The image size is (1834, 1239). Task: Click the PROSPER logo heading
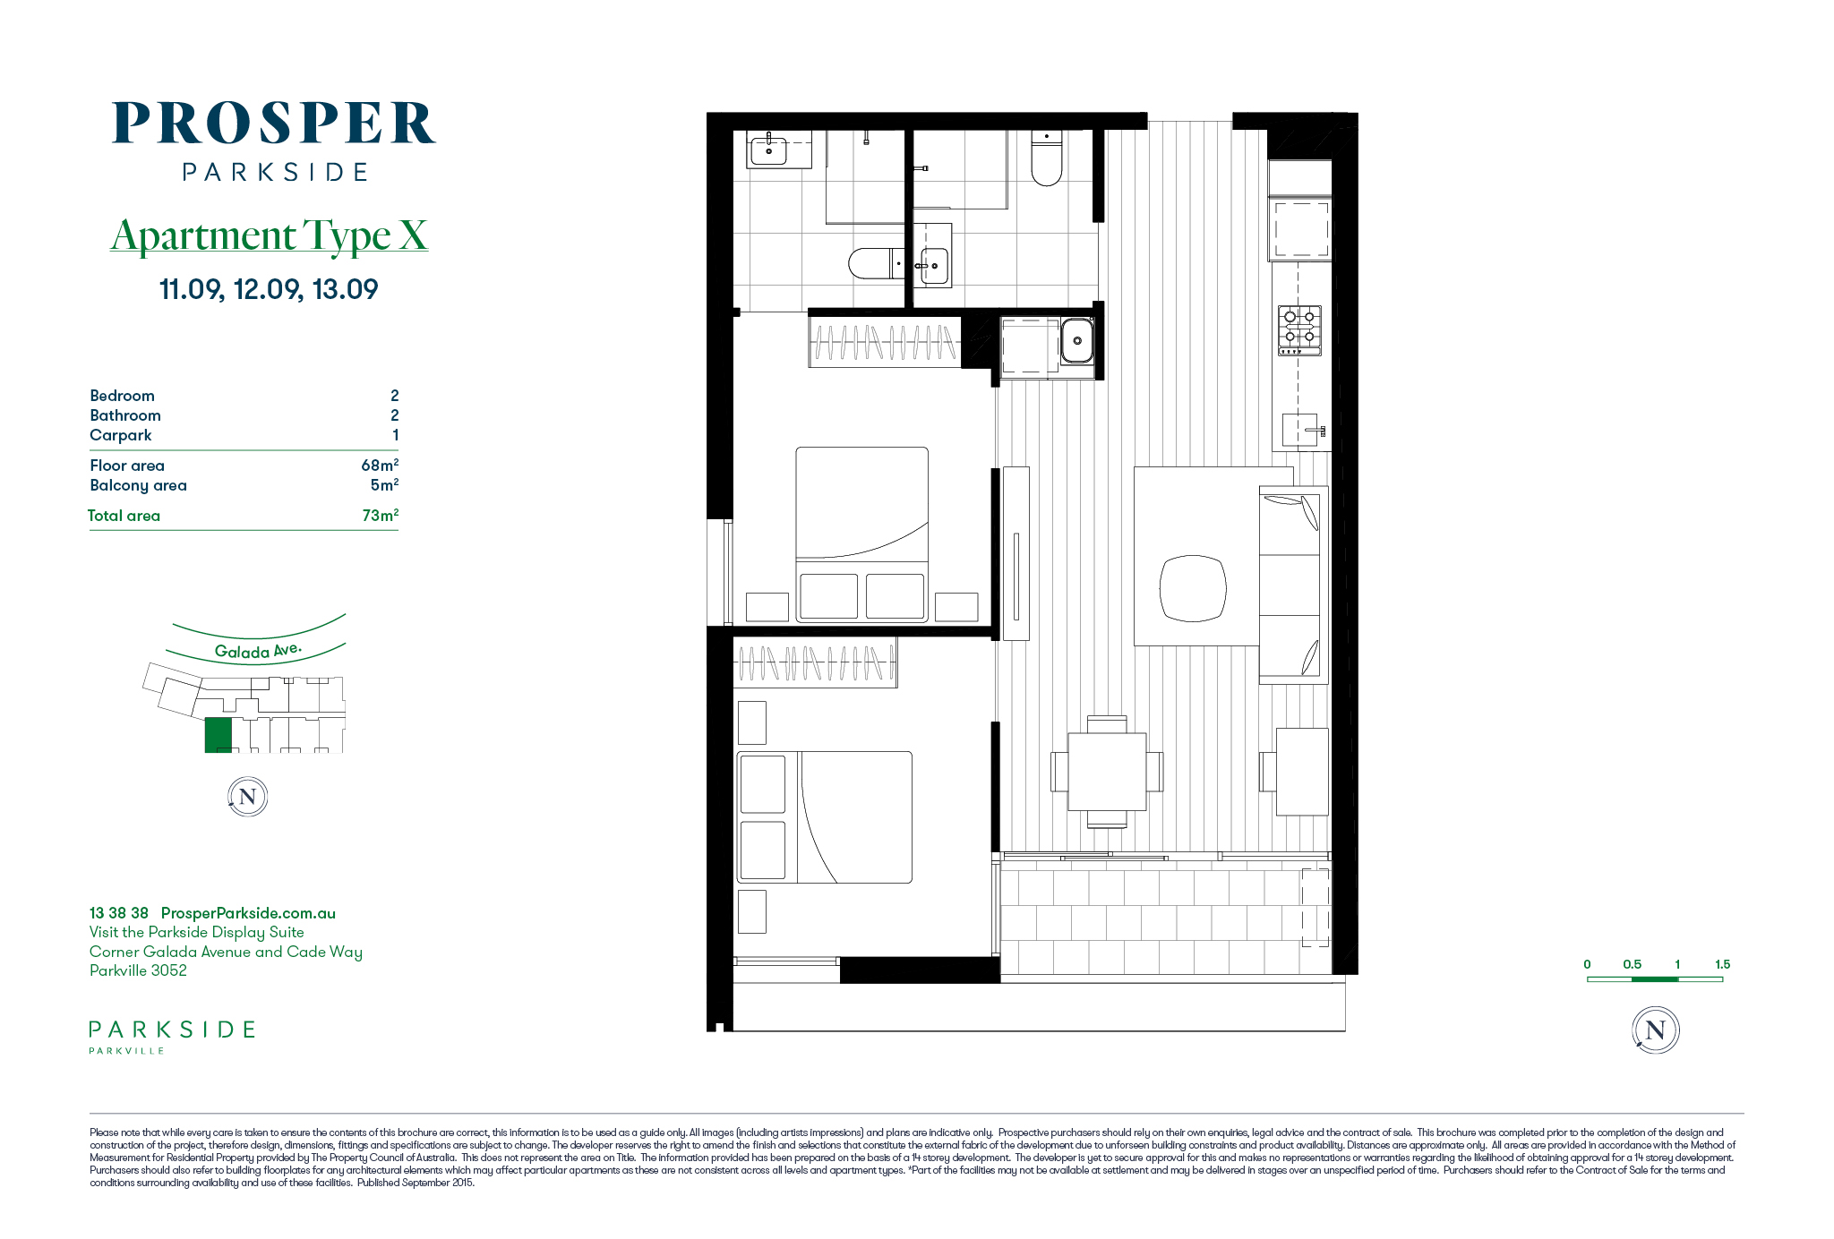[x=273, y=123]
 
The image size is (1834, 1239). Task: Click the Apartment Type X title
[x=269, y=235]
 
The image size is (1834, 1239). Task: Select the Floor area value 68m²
[x=380, y=465]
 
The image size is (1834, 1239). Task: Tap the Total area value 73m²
[x=380, y=515]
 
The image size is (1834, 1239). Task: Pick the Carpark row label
[x=121, y=435]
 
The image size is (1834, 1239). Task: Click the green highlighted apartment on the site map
[x=219, y=735]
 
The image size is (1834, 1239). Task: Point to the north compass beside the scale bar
[x=1655, y=1030]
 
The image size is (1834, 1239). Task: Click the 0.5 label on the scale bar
[x=1632, y=964]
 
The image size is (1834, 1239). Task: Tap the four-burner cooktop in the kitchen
[x=1299, y=329]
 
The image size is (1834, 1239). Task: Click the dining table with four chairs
[x=1107, y=772]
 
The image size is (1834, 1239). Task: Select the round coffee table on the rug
[x=1193, y=588]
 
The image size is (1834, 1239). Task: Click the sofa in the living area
[x=1293, y=585]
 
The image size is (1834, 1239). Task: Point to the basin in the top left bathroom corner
[x=768, y=150]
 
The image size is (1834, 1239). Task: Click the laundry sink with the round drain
[x=1077, y=341]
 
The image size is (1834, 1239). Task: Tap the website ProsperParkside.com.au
[x=248, y=913]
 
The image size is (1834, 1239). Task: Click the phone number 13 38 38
[x=119, y=913]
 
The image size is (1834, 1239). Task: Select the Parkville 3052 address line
[x=138, y=970]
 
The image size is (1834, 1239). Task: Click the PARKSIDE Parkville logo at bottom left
[x=172, y=1036]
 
